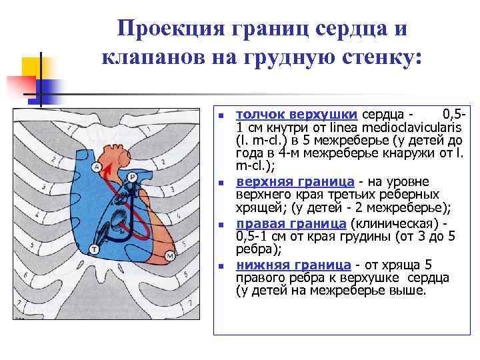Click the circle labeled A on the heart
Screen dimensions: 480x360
(98, 167)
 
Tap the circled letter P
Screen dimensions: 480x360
(132, 177)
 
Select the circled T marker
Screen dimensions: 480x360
(94, 249)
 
